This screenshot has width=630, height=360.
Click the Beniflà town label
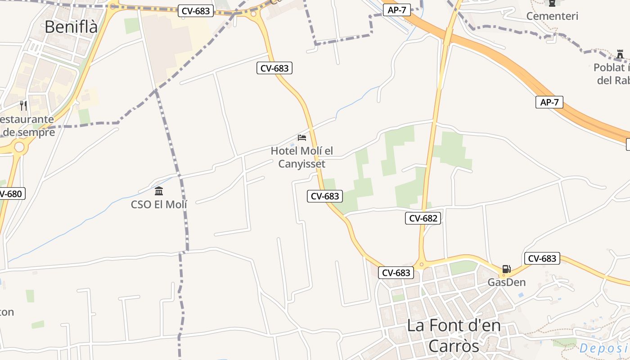(71, 27)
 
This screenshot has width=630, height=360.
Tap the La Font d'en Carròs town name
(454, 335)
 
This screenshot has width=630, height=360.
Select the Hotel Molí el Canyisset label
(302, 157)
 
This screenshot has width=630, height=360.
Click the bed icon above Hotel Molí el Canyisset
(302, 137)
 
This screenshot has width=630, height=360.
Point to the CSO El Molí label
(159, 204)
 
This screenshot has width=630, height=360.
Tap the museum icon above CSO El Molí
(159, 191)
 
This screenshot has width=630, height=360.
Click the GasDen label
(507, 283)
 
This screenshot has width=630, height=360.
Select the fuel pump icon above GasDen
(507, 269)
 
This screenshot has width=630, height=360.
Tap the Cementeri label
(552, 16)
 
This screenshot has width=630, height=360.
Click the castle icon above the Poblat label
(620, 55)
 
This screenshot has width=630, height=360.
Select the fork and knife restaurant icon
(23, 106)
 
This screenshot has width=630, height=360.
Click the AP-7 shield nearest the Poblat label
(549, 102)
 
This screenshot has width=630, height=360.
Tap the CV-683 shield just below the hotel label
(325, 196)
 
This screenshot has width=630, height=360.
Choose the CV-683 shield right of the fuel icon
(542, 258)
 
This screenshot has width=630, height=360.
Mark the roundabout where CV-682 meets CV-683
(422, 265)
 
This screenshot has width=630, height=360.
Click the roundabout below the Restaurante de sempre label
(19, 147)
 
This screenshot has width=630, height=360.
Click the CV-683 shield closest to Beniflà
(196, 11)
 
